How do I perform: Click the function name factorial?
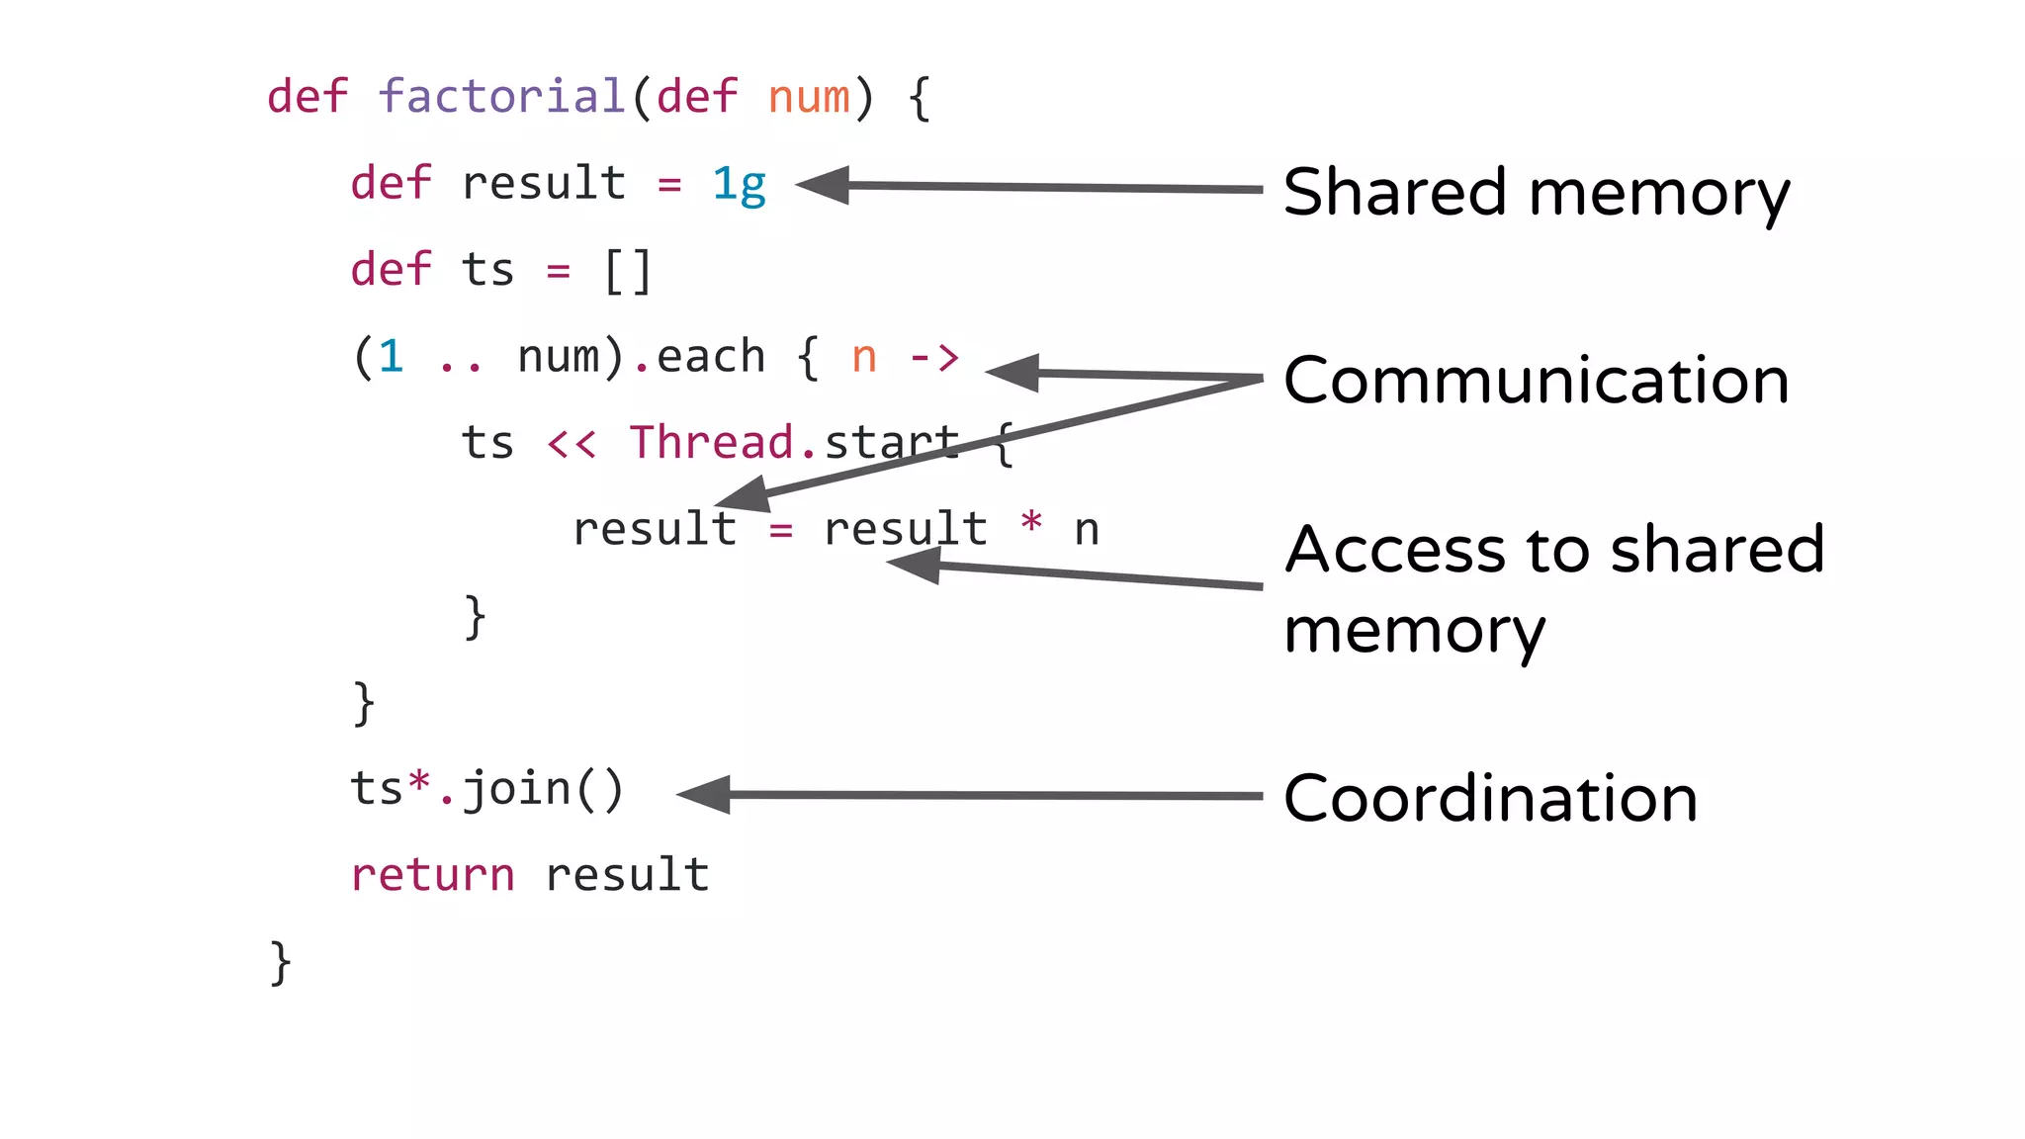click(501, 97)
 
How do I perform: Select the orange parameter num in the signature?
click(809, 97)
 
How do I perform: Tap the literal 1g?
click(739, 184)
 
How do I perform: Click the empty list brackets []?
click(628, 271)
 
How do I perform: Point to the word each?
click(711, 357)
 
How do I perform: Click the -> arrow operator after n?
click(934, 357)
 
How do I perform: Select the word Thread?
click(712, 443)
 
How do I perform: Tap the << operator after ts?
click(572, 444)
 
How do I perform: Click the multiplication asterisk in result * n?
click(1031, 523)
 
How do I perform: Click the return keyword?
click(432, 875)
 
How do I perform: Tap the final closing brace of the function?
click(281, 962)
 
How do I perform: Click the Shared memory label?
click(1536, 193)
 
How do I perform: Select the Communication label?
click(1536, 381)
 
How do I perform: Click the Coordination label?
click(1490, 798)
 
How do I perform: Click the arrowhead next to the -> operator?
click(1014, 373)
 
